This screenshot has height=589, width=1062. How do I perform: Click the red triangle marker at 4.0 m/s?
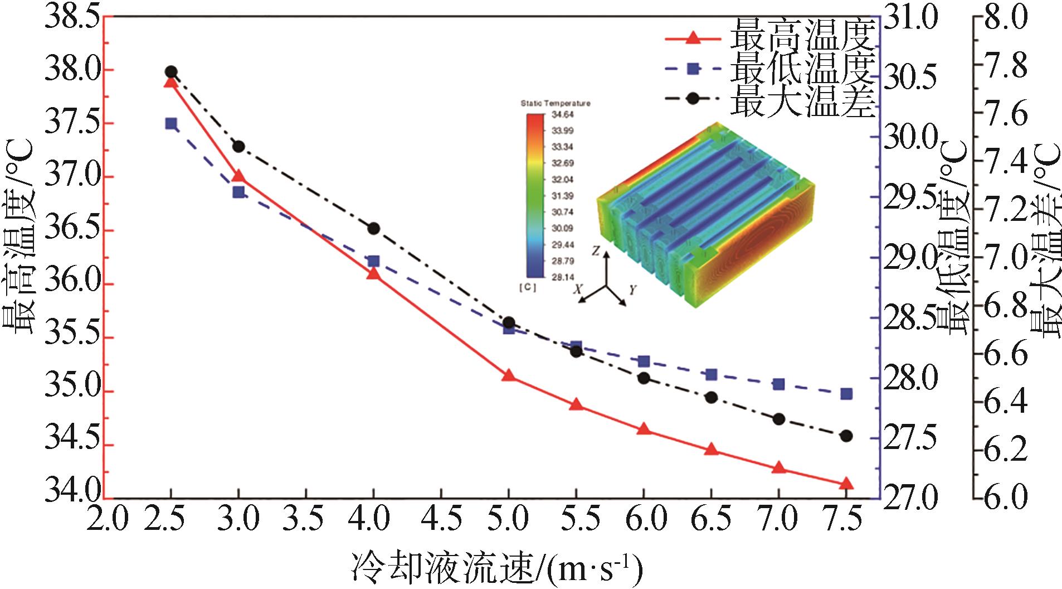(373, 273)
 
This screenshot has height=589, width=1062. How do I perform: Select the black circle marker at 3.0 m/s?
(238, 147)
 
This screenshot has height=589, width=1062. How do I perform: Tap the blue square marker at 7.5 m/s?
(846, 394)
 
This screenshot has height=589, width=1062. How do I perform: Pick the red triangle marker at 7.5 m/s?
(846, 483)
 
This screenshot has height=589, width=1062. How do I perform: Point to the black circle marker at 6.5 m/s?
(711, 397)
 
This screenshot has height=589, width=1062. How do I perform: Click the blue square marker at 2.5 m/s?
(171, 123)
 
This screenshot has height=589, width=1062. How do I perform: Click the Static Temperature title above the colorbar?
(555, 104)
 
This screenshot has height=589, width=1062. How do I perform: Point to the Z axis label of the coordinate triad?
(595, 252)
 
